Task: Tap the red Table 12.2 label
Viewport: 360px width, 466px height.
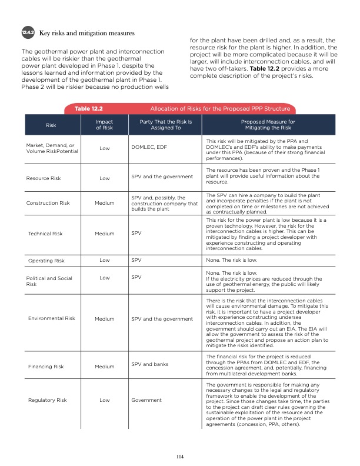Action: point(89,109)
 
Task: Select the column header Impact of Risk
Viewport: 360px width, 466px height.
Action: point(104,124)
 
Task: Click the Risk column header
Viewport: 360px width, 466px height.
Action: point(51,125)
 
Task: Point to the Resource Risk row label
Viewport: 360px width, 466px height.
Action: point(46,177)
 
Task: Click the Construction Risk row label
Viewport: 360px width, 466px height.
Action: point(48,204)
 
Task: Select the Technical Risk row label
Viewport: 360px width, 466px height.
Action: point(45,234)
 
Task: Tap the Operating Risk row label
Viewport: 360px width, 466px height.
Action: point(46,259)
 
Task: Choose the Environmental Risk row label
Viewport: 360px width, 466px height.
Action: point(51,318)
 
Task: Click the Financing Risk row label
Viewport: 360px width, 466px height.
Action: point(46,367)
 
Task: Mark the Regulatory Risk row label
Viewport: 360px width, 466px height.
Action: point(47,400)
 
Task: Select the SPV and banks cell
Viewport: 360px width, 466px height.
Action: point(150,364)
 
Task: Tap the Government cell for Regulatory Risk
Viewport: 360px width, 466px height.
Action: point(146,400)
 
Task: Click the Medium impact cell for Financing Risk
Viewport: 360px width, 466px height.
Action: point(104,367)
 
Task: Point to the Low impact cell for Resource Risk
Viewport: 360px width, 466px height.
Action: point(104,177)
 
